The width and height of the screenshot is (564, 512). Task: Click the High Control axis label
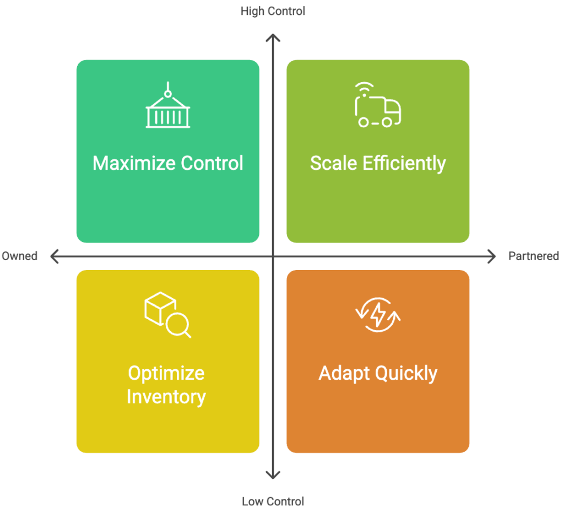pos(273,11)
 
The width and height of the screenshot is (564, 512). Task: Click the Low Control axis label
pos(273,501)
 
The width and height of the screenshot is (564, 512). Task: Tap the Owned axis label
pos(19,256)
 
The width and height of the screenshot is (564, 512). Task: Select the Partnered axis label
pos(533,256)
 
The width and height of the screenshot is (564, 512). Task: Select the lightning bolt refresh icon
pos(378,315)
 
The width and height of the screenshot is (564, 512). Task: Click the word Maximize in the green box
pos(131,164)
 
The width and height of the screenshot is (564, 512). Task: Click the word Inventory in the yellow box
pos(166,396)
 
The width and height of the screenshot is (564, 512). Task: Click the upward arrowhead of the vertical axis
pos(273,37)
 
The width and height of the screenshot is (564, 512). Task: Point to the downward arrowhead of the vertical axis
pos(273,475)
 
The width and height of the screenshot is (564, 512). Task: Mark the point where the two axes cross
pos(273,256)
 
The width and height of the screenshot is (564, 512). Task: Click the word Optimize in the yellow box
pos(166,373)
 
